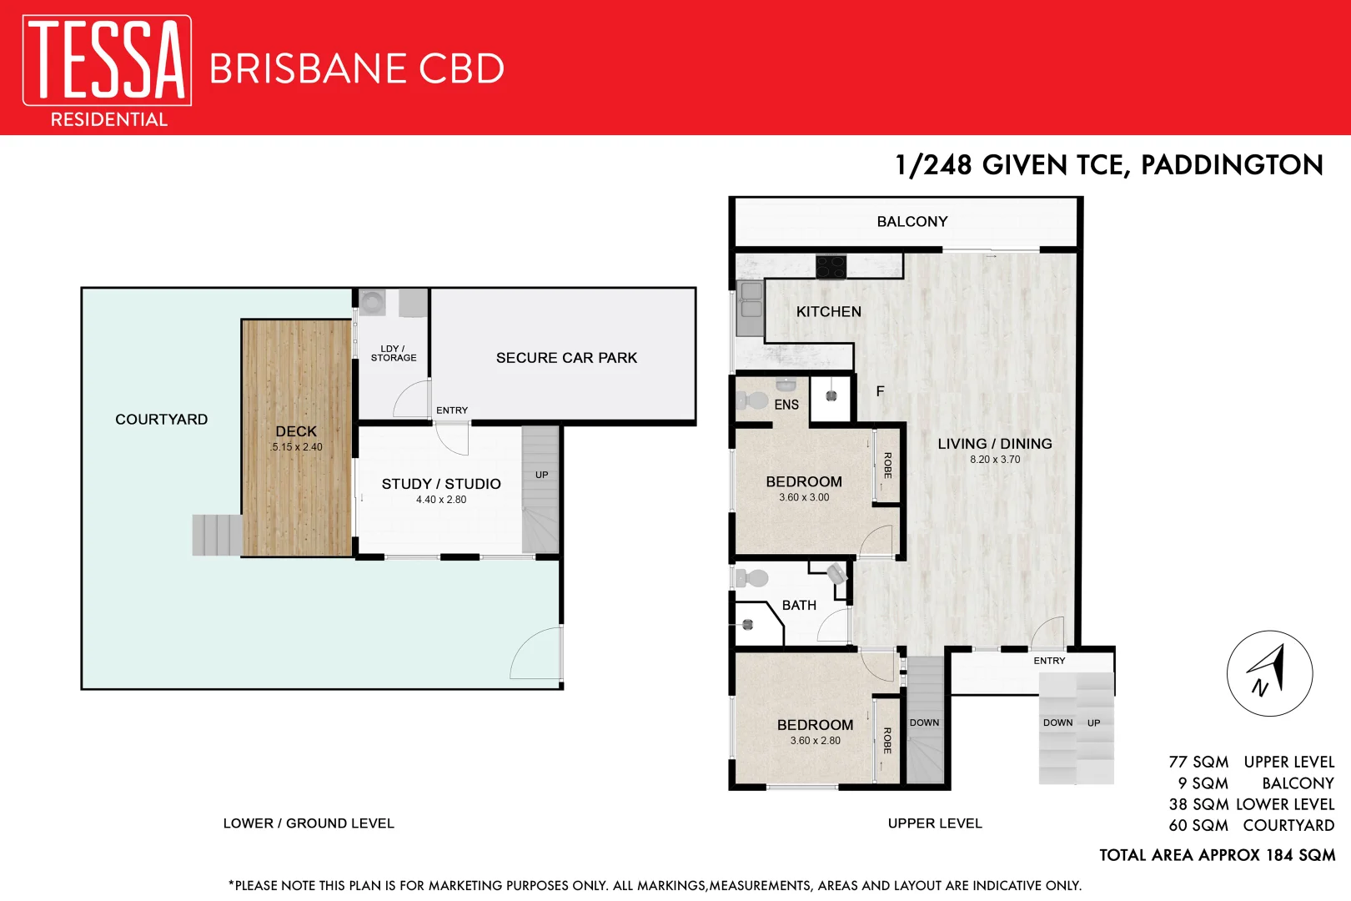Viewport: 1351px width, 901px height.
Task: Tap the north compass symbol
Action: pos(1269,673)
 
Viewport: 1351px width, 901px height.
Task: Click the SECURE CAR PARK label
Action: pos(566,358)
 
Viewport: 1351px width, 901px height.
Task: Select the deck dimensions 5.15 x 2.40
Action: pos(296,447)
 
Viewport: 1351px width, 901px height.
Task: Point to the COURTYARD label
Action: pos(161,420)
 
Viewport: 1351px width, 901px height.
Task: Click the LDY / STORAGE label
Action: pos(394,353)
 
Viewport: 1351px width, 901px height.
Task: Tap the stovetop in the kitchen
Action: pos(831,267)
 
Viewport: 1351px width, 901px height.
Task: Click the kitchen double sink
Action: pos(751,301)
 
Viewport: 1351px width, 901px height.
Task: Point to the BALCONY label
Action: pos(912,222)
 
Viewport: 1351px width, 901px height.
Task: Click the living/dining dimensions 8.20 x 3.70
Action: pos(995,460)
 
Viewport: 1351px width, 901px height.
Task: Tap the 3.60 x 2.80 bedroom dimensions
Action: pos(815,741)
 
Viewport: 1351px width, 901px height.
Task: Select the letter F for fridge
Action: pos(880,391)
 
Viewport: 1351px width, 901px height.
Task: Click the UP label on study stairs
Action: pos(541,475)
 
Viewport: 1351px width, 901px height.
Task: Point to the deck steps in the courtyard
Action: pos(217,535)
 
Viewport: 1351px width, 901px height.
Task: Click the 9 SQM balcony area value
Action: pos(1203,783)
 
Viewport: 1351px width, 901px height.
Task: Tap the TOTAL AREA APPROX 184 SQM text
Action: pos(1217,855)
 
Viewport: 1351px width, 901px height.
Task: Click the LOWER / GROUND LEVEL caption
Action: pos(309,823)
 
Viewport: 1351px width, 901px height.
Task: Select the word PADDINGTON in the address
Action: pos(1232,165)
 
